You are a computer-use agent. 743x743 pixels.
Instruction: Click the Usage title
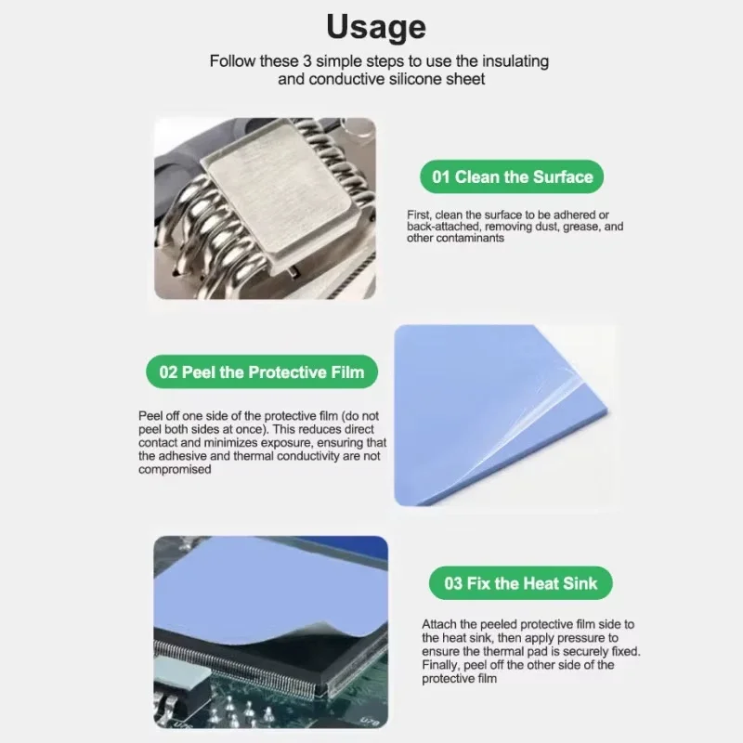376,27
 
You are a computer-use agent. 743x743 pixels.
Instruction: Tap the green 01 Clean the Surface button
512,176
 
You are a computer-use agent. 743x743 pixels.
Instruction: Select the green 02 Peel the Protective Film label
262,372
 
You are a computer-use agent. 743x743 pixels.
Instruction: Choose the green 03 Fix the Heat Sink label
521,583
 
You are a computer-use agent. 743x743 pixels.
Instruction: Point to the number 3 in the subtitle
307,61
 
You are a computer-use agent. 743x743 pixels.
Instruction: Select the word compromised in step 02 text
175,470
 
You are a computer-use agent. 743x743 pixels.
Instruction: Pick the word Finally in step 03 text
440,665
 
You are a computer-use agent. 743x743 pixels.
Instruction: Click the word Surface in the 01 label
563,176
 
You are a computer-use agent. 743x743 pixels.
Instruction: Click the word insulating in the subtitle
515,61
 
